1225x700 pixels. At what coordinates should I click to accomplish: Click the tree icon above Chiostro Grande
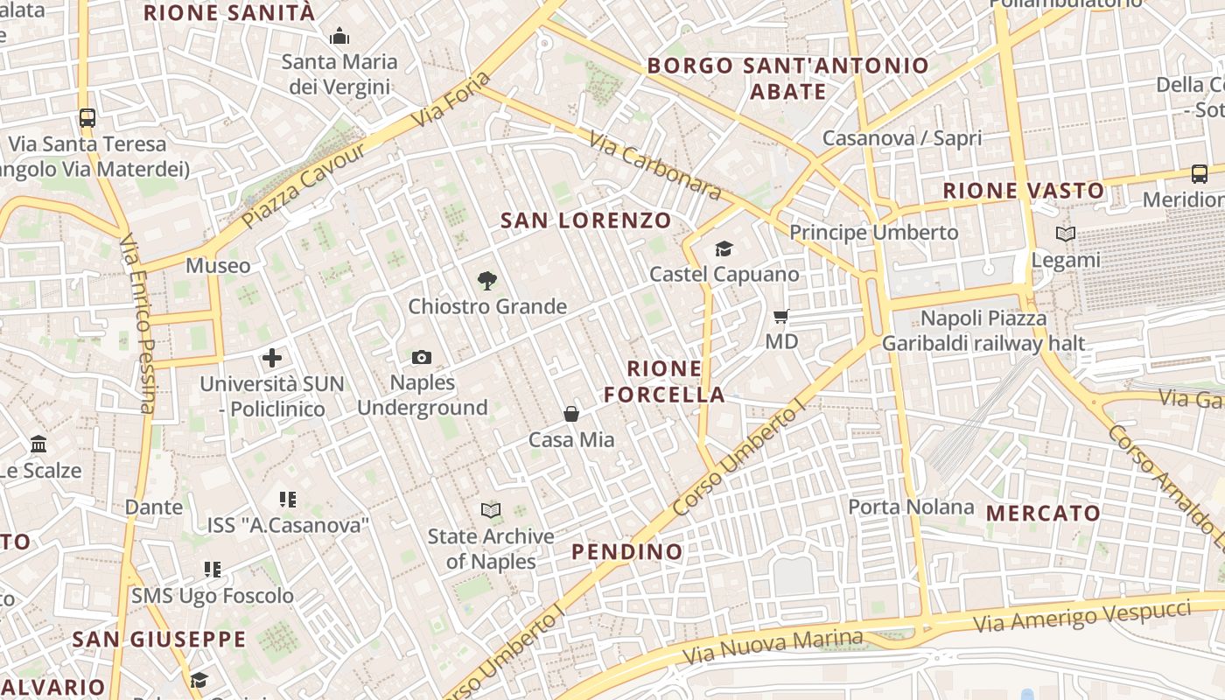click(x=487, y=281)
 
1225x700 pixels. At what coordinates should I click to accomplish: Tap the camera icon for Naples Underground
click(x=422, y=357)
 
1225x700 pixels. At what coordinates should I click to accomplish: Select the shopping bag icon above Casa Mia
click(x=571, y=413)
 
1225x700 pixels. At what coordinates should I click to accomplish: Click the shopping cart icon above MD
click(x=781, y=316)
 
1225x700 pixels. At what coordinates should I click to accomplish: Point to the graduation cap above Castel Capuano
click(x=724, y=249)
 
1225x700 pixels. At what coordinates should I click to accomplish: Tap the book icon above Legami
click(x=1065, y=234)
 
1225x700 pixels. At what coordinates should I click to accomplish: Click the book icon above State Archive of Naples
click(x=491, y=510)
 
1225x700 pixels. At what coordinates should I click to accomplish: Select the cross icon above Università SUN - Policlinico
click(x=272, y=358)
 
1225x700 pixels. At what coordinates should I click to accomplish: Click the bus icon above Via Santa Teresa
click(x=87, y=117)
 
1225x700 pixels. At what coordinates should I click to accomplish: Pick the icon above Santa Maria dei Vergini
click(x=339, y=37)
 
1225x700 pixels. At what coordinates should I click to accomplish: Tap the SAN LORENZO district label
click(x=586, y=220)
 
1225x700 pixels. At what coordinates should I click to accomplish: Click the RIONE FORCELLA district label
click(x=664, y=381)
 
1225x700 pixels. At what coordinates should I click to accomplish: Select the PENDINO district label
click(x=626, y=551)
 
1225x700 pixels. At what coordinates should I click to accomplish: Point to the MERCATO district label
click(x=1043, y=514)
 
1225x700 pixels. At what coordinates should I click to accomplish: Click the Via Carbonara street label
click(x=654, y=166)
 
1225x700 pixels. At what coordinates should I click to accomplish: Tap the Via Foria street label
click(x=452, y=101)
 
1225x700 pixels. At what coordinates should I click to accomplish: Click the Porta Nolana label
click(x=911, y=507)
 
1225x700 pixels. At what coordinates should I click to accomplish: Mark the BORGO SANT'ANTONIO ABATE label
click(x=787, y=79)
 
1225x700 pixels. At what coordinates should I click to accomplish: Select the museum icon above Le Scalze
click(x=38, y=444)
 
